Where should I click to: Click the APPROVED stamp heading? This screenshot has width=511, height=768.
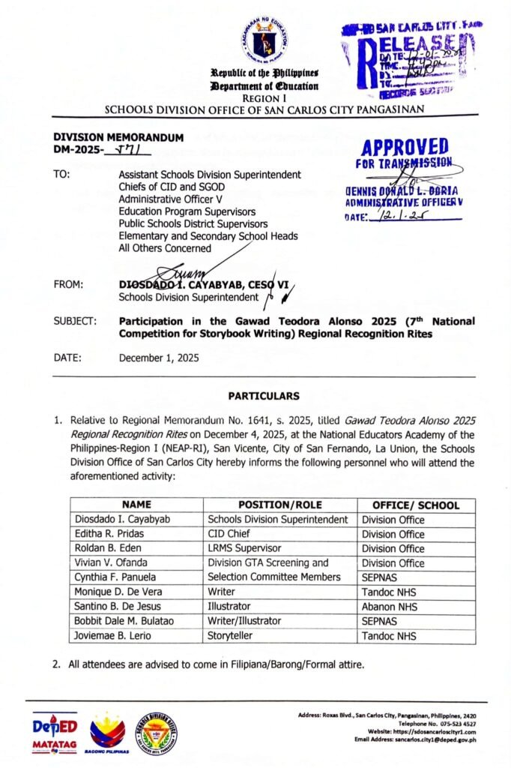(405, 147)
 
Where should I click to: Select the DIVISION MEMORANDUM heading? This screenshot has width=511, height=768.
(118, 137)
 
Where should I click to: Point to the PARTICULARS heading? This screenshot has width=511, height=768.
(264, 396)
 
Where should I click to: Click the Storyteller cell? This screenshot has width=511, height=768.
(231, 635)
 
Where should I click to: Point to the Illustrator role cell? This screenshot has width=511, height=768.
(231, 606)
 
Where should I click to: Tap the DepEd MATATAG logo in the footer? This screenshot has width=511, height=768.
(55, 732)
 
